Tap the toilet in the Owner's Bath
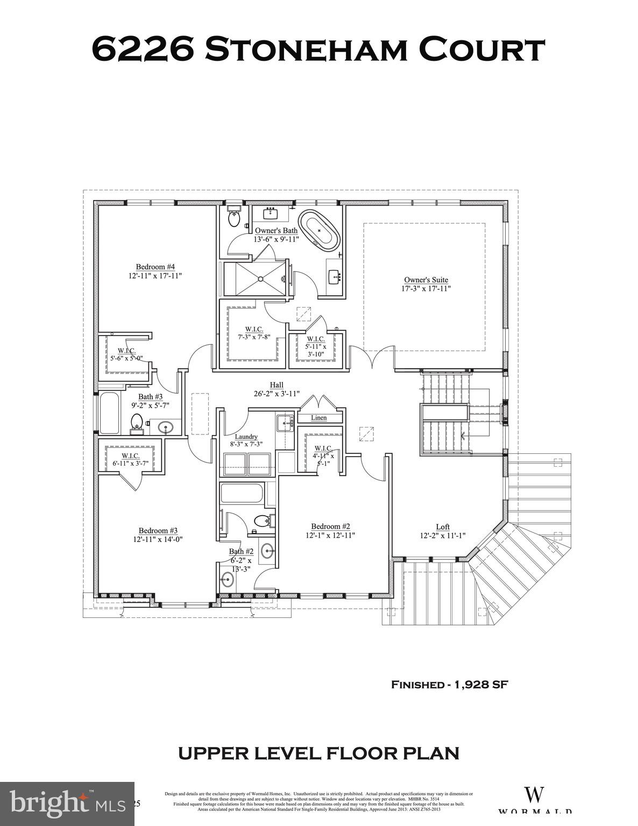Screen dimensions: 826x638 click(234, 218)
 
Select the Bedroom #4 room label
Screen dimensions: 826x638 click(155, 267)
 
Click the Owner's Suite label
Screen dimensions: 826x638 click(426, 280)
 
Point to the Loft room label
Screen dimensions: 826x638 click(442, 527)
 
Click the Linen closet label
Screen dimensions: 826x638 click(319, 418)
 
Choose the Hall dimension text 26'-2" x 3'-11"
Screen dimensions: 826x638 click(277, 393)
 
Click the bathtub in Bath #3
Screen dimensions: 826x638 click(109, 414)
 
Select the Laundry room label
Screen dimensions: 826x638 click(246, 437)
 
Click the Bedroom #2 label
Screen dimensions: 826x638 click(331, 526)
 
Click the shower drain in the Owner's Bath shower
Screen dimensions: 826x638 click(260, 279)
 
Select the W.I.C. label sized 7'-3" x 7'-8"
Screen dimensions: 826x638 click(254, 329)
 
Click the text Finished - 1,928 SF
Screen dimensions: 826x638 click(449, 685)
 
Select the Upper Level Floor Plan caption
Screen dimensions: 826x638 click(318, 753)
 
